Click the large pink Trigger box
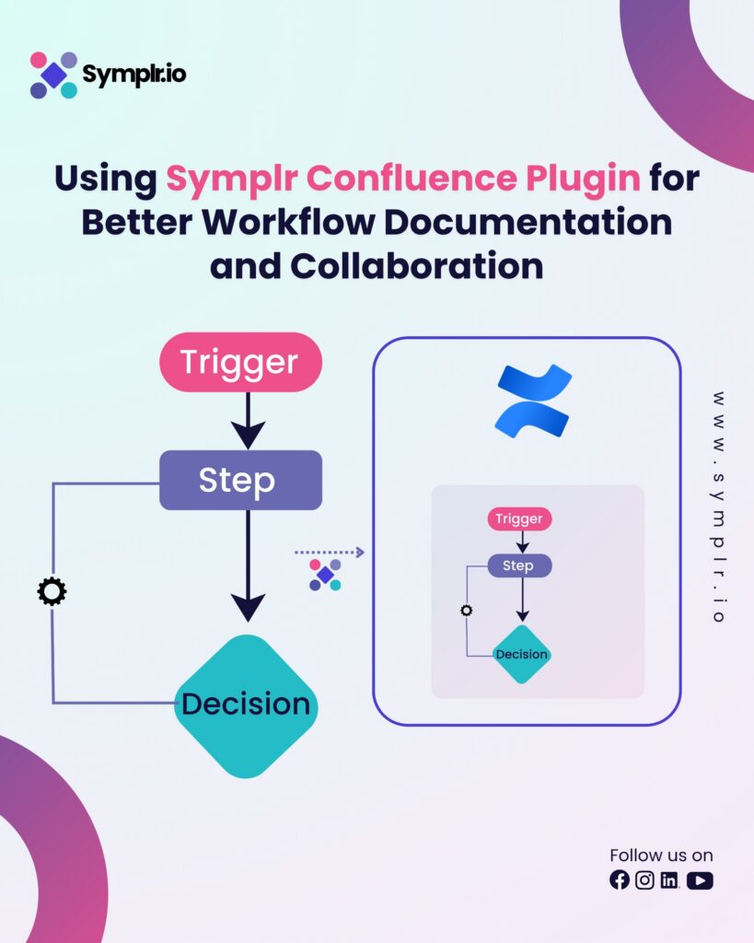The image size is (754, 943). coord(240,362)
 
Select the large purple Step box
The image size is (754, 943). coord(240,480)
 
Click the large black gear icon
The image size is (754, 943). coord(52,591)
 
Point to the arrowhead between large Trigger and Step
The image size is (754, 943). coord(248,432)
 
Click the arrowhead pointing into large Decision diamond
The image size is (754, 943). coord(248,607)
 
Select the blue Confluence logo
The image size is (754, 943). coord(533,401)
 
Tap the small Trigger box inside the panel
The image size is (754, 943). coord(519,518)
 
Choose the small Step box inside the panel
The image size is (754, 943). coord(519,565)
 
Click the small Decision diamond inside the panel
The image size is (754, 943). coord(522,655)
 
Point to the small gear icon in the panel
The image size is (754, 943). coord(467,611)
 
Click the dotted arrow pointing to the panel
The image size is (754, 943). coord(330,553)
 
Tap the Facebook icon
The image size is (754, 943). coord(620,880)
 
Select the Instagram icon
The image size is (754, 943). coord(645,880)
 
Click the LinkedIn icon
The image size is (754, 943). coord(669,880)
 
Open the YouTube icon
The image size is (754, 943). coord(700,880)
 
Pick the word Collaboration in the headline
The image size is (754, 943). coord(416,266)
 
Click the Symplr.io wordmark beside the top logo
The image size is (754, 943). coord(134,75)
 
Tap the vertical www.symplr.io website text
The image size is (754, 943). coord(719,506)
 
